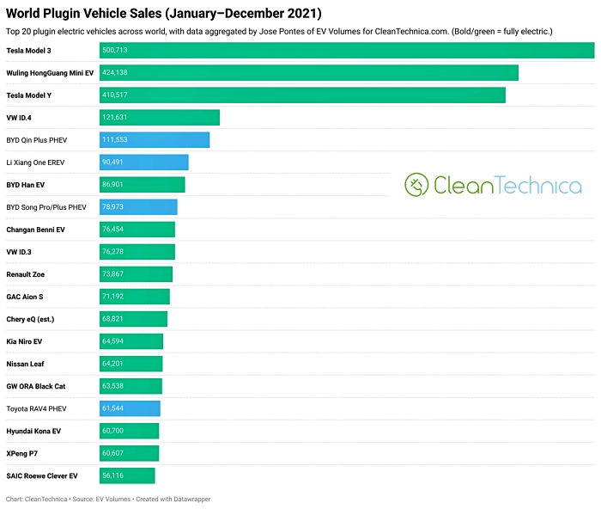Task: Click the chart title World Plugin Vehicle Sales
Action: point(164,13)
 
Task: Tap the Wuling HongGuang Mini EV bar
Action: point(309,73)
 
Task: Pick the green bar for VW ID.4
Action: point(160,118)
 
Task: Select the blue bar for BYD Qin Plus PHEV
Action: point(155,140)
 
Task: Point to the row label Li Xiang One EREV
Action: point(35,163)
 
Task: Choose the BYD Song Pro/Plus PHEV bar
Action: point(138,207)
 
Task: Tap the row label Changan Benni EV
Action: point(35,230)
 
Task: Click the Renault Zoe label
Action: point(26,274)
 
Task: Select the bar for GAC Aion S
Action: point(135,297)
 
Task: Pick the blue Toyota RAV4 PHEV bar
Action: point(130,408)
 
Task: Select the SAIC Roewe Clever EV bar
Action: point(127,475)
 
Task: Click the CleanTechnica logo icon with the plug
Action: point(416,185)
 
